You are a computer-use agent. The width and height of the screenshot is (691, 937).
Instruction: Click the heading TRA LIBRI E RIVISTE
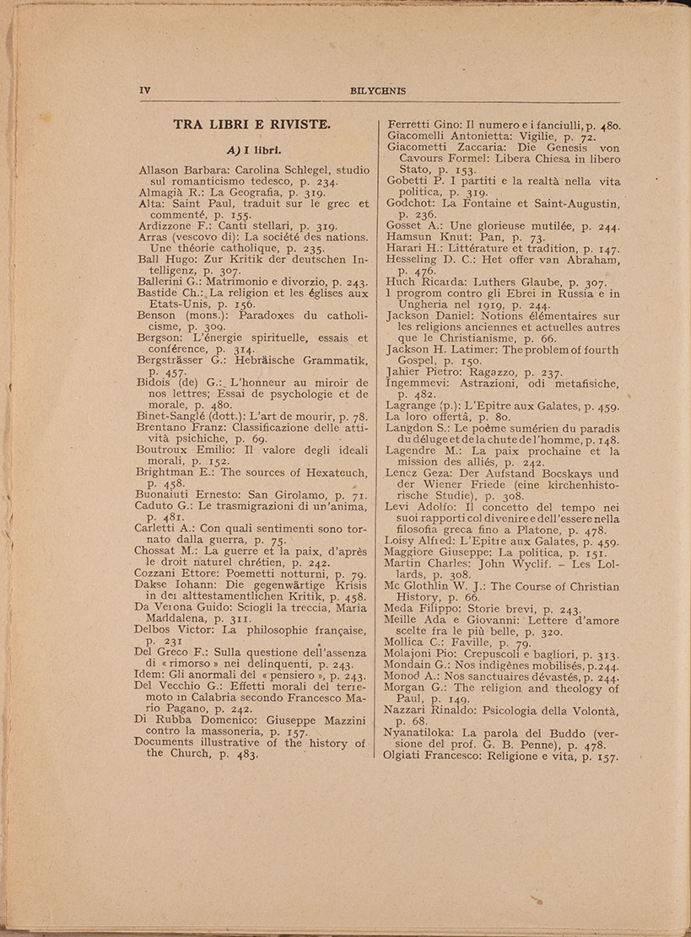tap(252, 126)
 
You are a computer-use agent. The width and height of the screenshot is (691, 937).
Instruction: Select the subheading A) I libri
tap(252, 151)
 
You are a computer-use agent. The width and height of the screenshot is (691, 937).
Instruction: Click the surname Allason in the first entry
tap(162, 170)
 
